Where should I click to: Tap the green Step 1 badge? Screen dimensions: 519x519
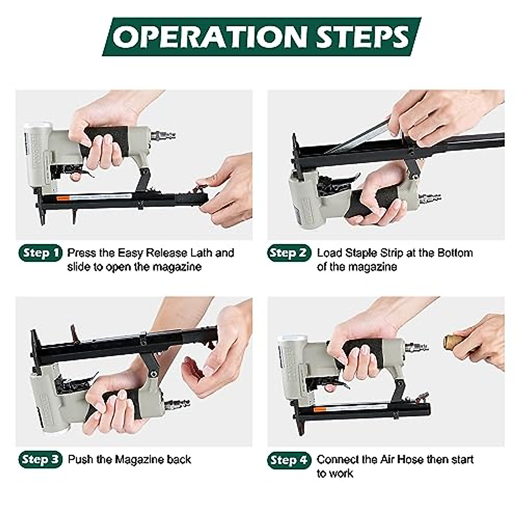click(x=40, y=253)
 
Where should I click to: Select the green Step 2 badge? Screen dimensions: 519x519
click(x=289, y=253)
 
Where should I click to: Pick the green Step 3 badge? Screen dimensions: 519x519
click(x=40, y=459)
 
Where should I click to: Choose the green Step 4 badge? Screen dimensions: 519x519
click(x=289, y=460)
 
